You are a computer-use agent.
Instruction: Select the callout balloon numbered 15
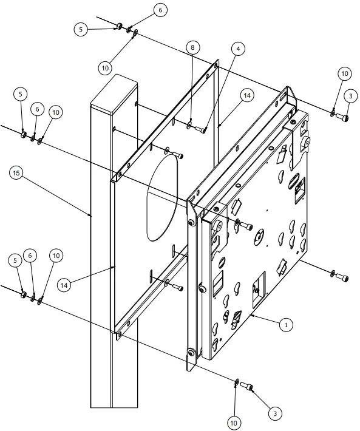16,173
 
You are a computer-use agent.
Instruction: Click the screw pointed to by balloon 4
203,128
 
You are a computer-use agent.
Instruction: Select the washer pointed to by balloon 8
191,126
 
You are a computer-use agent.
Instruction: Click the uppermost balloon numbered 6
160,10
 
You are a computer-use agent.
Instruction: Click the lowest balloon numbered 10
234,422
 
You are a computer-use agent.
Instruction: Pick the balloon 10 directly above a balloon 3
344,74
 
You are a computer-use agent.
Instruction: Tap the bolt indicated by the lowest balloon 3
246,386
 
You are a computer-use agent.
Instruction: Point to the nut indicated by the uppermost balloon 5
120,25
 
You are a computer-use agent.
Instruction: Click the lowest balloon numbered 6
29,256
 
